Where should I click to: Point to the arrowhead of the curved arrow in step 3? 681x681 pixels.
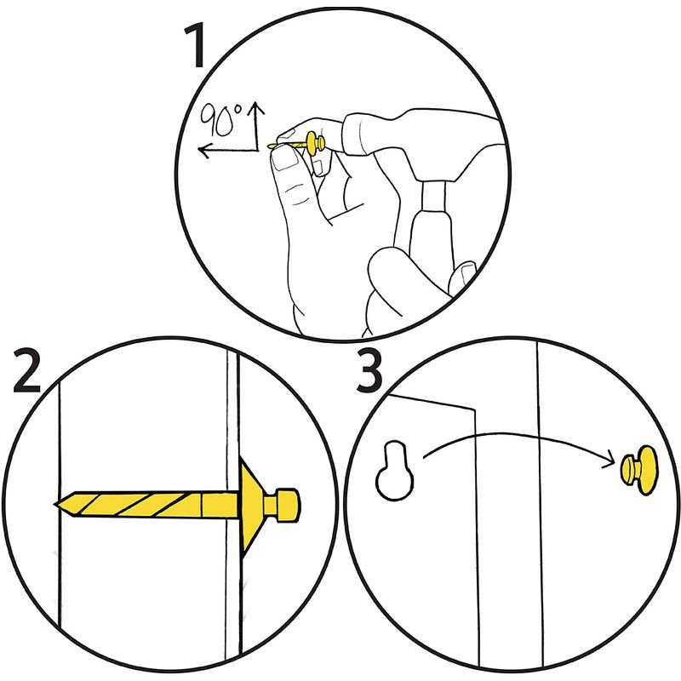(611, 462)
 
